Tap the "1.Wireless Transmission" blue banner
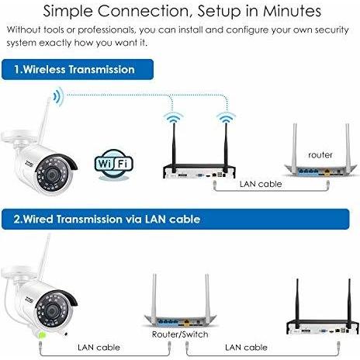pos(78,69)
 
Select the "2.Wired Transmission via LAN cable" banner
pos(175,219)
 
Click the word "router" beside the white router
pos(320,155)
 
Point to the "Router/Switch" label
pos(180,334)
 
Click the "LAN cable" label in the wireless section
pos(261,184)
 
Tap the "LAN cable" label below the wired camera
pos(99,347)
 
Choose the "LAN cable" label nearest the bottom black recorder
pos(246,347)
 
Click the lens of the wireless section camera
pos(52,175)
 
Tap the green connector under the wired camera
pos(42,335)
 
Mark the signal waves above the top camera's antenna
pos(58,96)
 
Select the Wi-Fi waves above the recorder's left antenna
pos(174,117)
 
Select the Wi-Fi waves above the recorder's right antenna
pos(226,117)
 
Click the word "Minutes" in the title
pos(292,11)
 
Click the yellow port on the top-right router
pos(327,171)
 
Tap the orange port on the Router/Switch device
pos(187,322)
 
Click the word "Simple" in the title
pos(67,12)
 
